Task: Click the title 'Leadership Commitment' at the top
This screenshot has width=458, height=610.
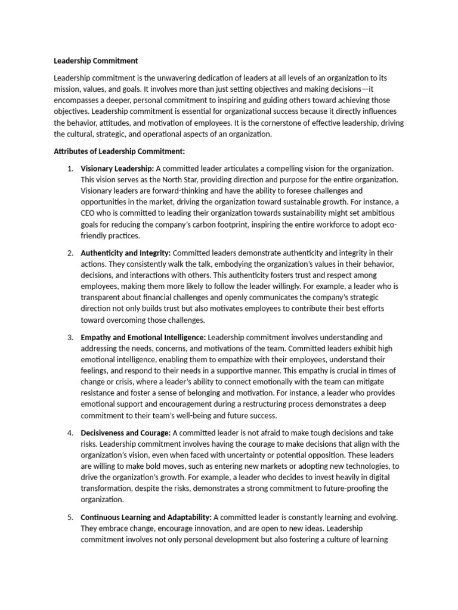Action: pyautogui.click(x=95, y=61)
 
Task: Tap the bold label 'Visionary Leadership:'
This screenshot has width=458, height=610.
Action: pyautogui.click(x=117, y=169)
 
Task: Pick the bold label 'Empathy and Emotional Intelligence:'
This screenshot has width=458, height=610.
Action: pyautogui.click(x=143, y=337)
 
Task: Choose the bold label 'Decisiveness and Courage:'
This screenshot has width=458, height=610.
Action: pyautogui.click(x=125, y=432)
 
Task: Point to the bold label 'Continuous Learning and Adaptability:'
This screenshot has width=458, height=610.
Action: pyautogui.click(x=146, y=517)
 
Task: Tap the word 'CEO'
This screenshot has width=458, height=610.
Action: pyautogui.click(x=89, y=213)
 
